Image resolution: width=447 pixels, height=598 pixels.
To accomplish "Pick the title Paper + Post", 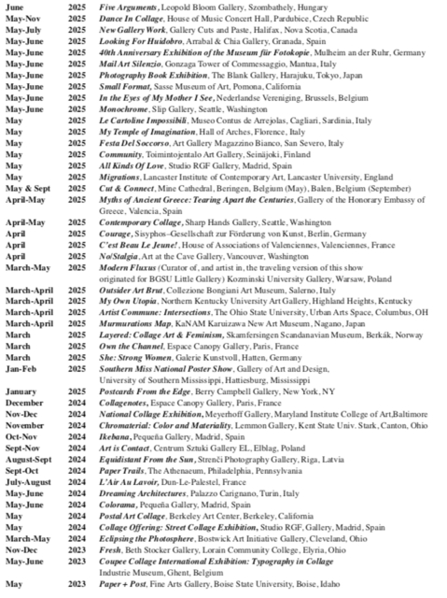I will click(x=125, y=585).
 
